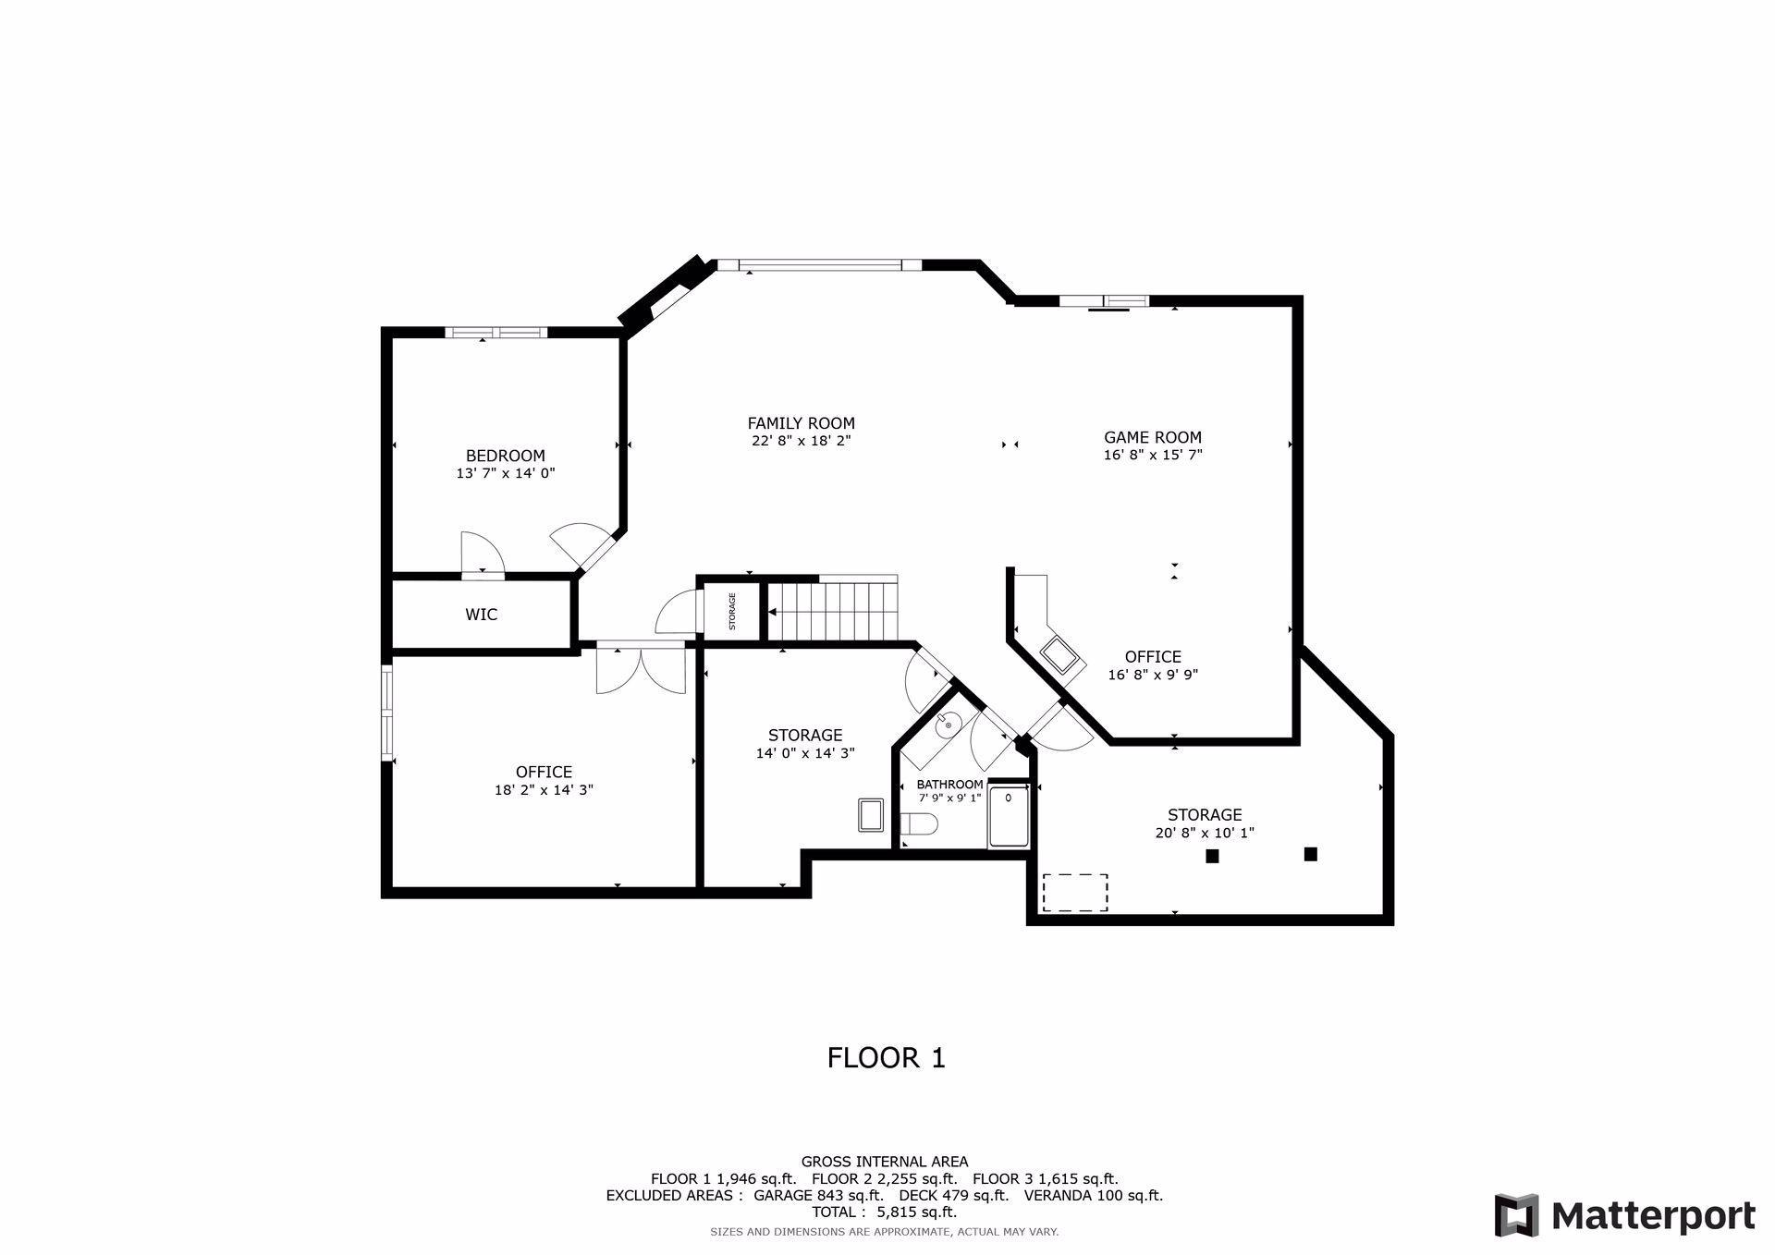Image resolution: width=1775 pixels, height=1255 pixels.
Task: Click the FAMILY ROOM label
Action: click(x=801, y=423)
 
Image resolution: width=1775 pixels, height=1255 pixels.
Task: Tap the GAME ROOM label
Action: click(x=1152, y=437)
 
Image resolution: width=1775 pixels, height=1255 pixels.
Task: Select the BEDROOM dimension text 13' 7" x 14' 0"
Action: click(x=505, y=473)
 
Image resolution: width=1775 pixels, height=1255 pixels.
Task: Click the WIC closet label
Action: click(x=481, y=615)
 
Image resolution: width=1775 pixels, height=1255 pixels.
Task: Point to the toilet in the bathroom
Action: click(x=919, y=823)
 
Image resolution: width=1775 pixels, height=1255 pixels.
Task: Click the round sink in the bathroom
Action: click(x=948, y=725)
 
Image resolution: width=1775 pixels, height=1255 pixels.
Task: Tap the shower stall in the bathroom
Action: click(x=1009, y=816)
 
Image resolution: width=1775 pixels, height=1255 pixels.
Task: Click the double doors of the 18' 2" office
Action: click(x=641, y=667)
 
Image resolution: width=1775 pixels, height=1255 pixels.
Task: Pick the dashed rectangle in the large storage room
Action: click(x=1075, y=893)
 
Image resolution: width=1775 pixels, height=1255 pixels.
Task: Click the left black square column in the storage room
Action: click(x=1212, y=857)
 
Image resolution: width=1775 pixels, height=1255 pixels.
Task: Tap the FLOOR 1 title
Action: click(x=886, y=1057)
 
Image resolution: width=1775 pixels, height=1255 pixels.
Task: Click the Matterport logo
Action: click(x=1624, y=1215)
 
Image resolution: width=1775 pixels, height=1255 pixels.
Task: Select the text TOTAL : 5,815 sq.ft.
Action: click(x=884, y=1212)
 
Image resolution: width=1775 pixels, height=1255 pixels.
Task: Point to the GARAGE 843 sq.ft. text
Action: click(x=817, y=1195)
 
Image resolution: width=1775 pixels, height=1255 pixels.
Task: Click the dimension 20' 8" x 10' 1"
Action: click(x=1204, y=833)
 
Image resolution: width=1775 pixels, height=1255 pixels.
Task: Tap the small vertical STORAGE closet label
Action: click(x=732, y=611)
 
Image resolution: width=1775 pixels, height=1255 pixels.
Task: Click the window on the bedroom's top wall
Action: click(x=496, y=333)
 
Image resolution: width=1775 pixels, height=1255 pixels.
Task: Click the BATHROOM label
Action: click(x=949, y=785)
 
